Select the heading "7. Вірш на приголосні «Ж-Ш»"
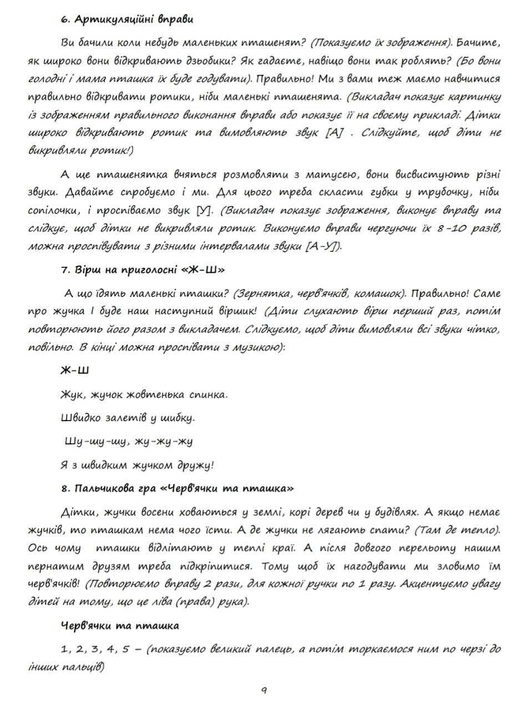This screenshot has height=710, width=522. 143,270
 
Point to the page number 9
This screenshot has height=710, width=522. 264,690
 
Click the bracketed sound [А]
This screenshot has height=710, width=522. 333,133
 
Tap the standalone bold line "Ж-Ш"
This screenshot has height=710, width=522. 75,370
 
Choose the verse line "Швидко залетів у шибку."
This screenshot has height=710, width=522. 127,418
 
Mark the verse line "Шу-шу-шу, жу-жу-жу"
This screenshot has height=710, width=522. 129,442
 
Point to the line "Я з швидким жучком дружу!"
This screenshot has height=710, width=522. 137,465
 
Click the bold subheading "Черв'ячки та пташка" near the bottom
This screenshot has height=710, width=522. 120,626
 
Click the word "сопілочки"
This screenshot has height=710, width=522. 53,211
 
